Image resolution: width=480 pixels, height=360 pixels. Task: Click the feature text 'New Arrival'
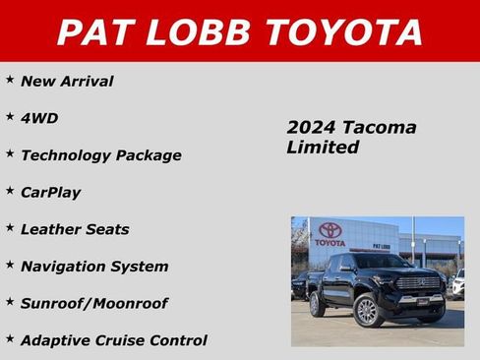tap(67, 81)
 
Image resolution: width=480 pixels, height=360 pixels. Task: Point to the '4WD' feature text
tap(39, 118)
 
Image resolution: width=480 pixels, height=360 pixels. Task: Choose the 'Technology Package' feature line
tap(100, 155)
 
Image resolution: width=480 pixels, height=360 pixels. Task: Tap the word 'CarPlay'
tap(50, 192)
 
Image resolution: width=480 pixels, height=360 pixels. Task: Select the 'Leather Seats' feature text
tap(75, 229)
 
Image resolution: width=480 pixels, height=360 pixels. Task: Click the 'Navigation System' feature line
tap(94, 266)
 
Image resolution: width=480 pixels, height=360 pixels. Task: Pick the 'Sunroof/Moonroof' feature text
tap(93, 303)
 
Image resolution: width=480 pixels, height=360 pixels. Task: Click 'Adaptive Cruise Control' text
tap(113, 340)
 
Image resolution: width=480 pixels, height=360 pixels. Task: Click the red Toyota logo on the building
tap(330, 229)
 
